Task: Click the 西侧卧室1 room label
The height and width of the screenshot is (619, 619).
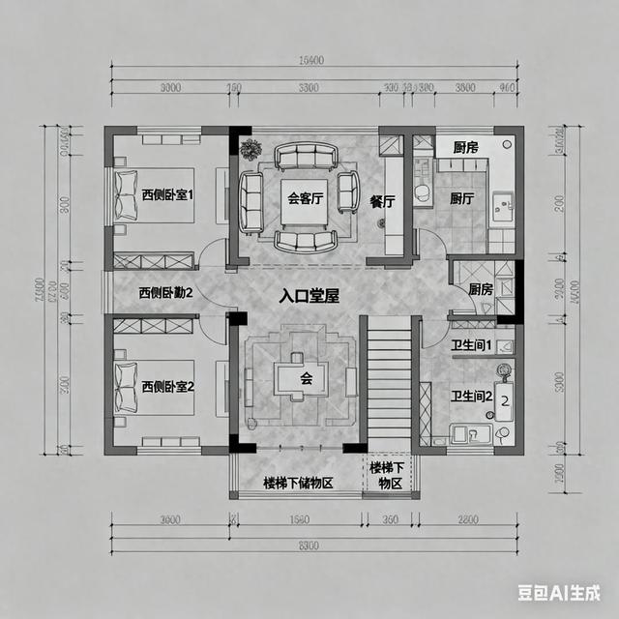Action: pos(168,193)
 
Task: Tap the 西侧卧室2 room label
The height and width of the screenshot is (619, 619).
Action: pos(168,386)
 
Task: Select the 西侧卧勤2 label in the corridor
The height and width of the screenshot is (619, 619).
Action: pos(165,292)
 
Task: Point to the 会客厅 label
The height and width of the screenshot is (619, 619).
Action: pos(305,199)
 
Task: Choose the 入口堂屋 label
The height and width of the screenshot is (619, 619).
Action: pos(309,296)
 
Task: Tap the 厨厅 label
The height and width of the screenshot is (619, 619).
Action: pos(461,198)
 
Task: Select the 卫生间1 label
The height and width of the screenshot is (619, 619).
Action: pos(472,345)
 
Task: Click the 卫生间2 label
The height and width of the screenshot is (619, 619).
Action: pos(472,396)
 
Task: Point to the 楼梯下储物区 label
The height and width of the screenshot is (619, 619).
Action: pos(298,483)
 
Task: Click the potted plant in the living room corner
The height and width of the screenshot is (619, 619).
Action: pos(251,150)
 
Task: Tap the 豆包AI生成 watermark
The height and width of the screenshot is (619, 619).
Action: pos(558,592)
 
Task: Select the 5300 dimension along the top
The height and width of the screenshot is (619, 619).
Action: pos(309,88)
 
